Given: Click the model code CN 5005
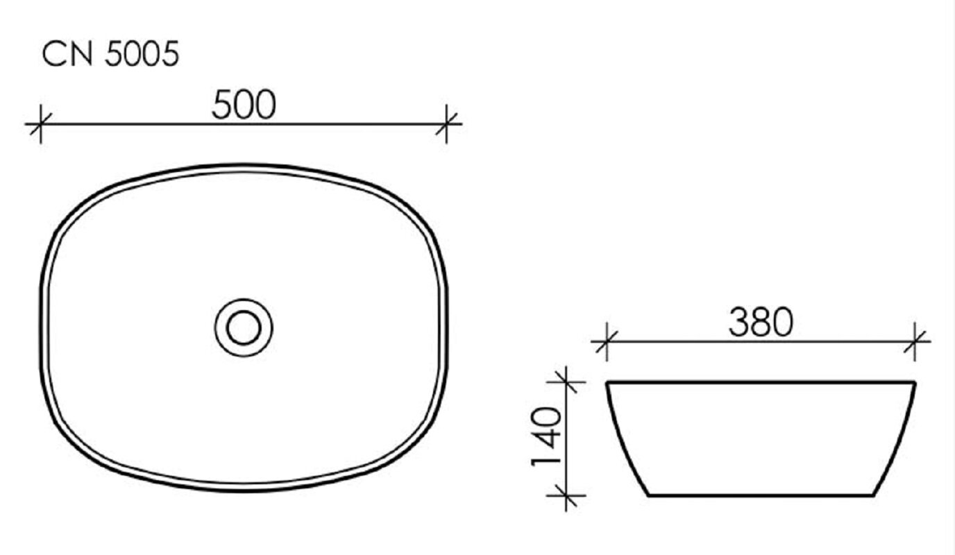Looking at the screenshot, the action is pos(110,53).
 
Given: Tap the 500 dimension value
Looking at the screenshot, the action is pos(244,105).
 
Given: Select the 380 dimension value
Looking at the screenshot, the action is pos(761,322).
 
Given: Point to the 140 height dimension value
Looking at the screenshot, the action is pos(547,437).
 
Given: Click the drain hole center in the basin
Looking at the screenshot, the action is pos(244,327).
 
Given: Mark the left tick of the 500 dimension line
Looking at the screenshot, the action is pos(40,124).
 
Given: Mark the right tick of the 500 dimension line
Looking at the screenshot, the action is pos(446,124).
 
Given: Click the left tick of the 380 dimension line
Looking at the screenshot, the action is pos(607,341).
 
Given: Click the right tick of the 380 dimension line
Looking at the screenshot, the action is pos(915,341).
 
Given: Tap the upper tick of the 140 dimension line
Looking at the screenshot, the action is pos(566,382).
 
